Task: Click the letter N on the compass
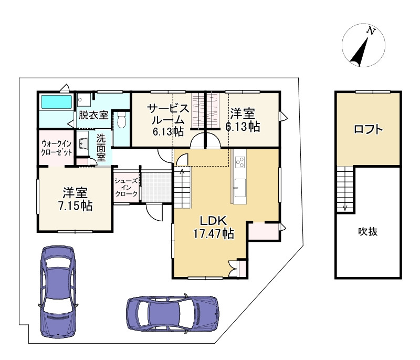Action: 371,32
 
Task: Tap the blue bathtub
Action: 57,102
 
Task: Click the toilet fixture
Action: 122,120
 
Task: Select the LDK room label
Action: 214,221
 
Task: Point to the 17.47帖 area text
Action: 214,233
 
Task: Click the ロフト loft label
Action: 369,129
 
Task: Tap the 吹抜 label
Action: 368,231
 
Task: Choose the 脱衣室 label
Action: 93,115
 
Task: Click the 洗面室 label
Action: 101,148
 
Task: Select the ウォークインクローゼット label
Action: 57,148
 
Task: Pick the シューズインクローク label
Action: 126,188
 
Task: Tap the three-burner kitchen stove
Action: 240,162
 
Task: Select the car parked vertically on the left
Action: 58,292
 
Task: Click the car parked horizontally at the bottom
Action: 173,313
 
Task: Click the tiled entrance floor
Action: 156,188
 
